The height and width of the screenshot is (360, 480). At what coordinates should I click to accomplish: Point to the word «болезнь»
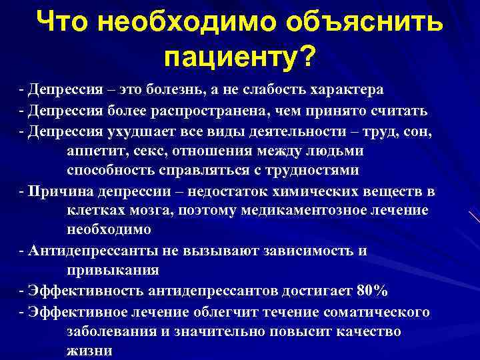pyautogui.click(x=173, y=90)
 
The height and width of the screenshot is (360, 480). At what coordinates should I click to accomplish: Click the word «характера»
pyautogui.click(x=347, y=90)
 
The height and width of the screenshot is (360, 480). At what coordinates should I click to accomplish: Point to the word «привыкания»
pyautogui.click(x=113, y=270)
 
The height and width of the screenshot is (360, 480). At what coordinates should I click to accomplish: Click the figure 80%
pyautogui.click(x=372, y=291)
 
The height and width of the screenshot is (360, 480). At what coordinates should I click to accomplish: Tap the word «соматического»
pyautogui.click(x=376, y=313)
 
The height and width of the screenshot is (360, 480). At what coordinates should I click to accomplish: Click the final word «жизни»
pyautogui.click(x=89, y=351)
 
